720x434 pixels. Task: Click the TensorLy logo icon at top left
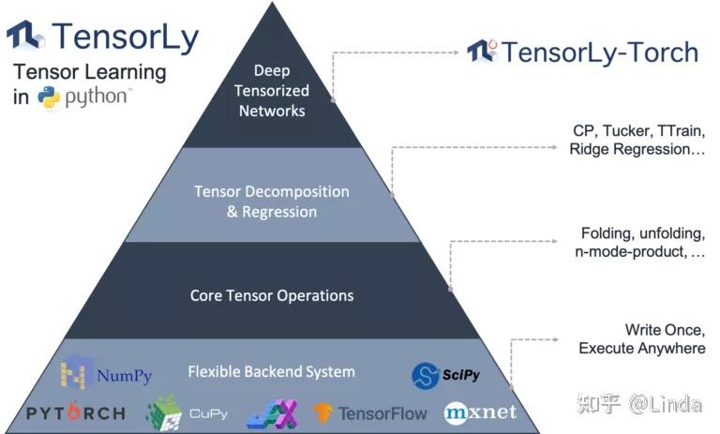point(25,36)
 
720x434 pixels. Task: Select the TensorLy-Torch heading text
point(599,51)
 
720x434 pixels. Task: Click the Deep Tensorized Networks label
point(272,91)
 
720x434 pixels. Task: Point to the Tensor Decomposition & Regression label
point(272,202)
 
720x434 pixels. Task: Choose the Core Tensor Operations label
point(272,295)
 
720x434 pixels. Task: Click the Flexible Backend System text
point(272,372)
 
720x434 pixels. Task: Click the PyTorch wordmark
point(76,412)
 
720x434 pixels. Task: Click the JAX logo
point(272,413)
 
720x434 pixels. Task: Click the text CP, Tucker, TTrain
point(637,130)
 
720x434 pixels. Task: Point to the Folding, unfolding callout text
point(642,233)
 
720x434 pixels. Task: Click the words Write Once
point(665,330)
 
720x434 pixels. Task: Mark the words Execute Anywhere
point(641,349)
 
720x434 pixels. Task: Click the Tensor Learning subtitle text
point(89,72)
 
